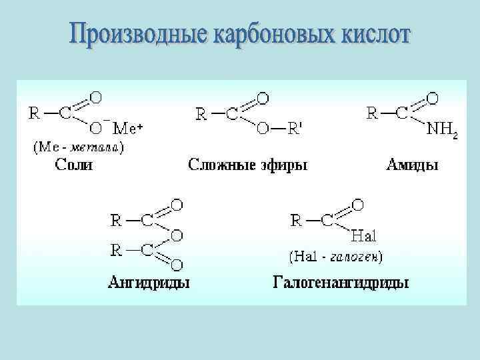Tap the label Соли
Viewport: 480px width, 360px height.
(x=73, y=165)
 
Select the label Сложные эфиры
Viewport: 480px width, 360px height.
(x=248, y=165)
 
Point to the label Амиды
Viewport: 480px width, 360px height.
(x=413, y=165)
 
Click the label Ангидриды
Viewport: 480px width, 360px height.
(x=148, y=283)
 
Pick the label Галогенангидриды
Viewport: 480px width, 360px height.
(x=341, y=283)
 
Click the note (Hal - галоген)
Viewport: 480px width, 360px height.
(x=335, y=255)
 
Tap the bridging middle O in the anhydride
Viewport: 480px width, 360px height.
(x=177, y=235)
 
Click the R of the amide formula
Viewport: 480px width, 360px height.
(x=373, y=113)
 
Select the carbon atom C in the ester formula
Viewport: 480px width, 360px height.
(x=231, y=115)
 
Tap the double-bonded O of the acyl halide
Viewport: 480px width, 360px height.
(x=357, y=205)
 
